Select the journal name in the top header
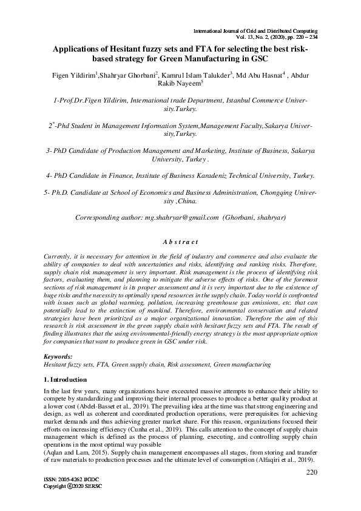pos(255,30)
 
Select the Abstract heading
pos(180,242)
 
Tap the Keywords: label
pos(59,356)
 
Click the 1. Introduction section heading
pos(67,379)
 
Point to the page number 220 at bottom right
pos(312,472)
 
